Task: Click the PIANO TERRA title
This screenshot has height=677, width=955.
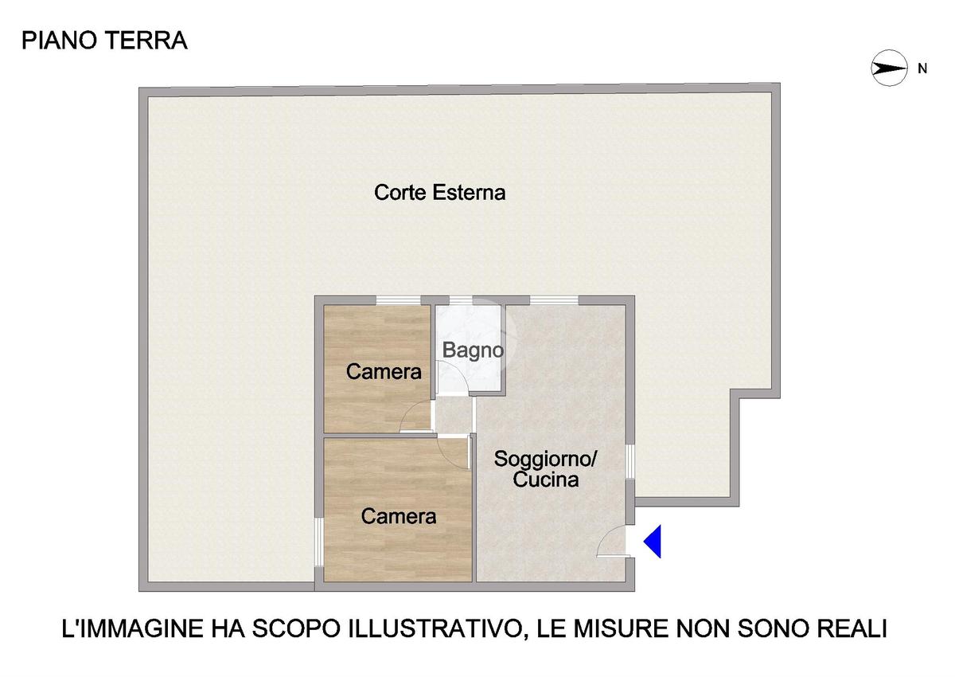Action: point(104,41)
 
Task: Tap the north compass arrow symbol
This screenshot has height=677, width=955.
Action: point(889,68)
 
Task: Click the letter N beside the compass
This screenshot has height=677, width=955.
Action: point(922,68)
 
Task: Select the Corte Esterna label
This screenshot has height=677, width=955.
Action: point(439,193)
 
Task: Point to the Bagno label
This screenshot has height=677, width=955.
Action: point(474,350)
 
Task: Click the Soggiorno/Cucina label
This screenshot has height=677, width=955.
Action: point(545,469)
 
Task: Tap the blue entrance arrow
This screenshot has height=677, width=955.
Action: point(653,542)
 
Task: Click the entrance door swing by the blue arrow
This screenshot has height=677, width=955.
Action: point(613,542)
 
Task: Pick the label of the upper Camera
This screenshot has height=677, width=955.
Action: point(384,372)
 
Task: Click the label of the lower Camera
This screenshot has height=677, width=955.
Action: point(399,517)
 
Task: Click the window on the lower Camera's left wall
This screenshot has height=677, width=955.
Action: point(319,542)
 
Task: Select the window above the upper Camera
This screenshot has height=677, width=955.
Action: point(398,300)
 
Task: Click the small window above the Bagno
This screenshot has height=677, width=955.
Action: point(461,300)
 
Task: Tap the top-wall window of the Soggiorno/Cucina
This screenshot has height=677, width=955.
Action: point(554,300)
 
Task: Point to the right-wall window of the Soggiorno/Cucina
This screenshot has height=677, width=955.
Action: point(630,462)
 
